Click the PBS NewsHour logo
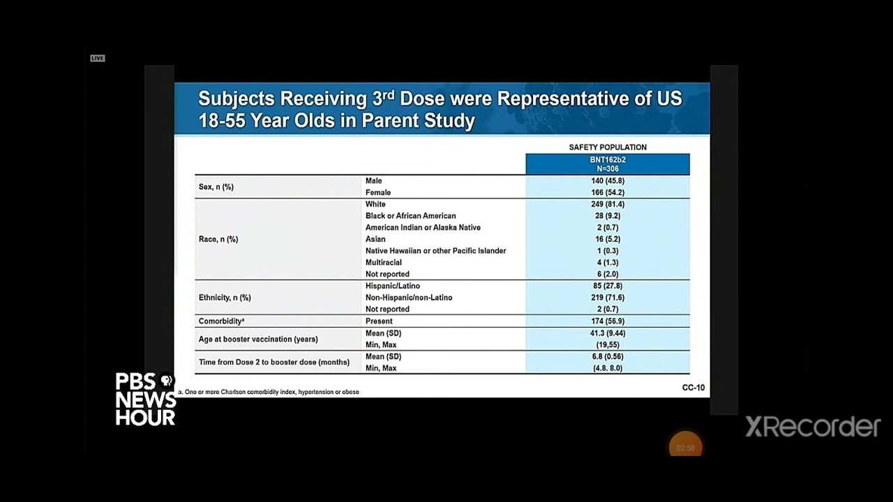point(145,400)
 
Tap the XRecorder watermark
point(813,426)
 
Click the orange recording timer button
point(685,448)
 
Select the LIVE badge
point(97,58)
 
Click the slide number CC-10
point(693,388)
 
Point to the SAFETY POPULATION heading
point(607,147)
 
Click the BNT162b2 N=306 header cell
point(607,164)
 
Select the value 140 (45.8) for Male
point(607,181)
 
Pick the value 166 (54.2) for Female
point(607,192)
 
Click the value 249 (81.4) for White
point(607,204)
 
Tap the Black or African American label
point(410,216)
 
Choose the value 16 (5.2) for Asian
point(607,239)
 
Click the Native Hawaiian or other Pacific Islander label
point(435,251)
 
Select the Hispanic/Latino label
point(392,286)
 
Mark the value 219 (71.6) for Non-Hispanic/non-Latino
point(607,298)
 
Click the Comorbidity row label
point(221,321)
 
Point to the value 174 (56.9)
point(607,321)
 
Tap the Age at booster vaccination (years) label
point(258,340)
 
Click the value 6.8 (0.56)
point(607,356)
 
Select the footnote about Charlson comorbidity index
point(269,392)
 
